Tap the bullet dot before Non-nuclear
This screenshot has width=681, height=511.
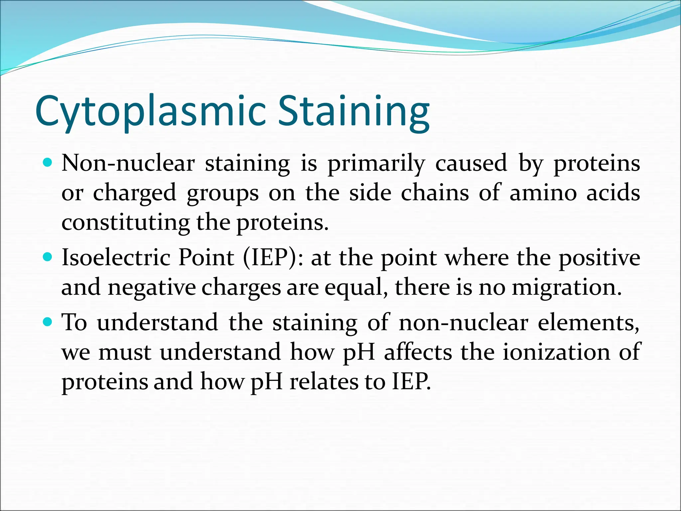pos(48,163)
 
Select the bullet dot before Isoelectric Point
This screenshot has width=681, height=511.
pos(48,257)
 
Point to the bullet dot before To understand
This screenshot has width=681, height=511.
pos(48,322)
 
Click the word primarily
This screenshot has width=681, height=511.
pos(376,164)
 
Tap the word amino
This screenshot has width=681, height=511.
pos(543,193)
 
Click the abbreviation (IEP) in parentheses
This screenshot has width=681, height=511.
pos(269,258)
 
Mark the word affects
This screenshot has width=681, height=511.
pos(418,352)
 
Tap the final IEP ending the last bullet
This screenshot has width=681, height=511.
pos(411,381)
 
